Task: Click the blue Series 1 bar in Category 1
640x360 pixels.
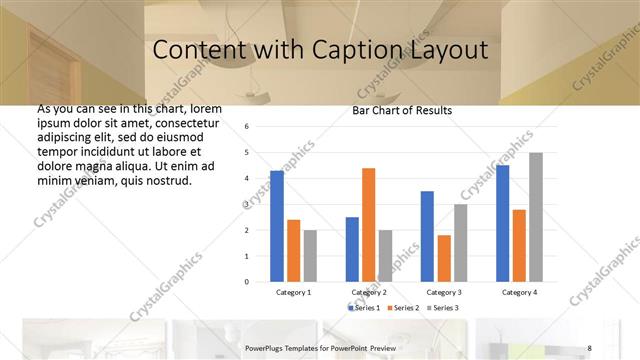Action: coord(277,226)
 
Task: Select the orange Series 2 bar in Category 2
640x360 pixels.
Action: coord(368,225)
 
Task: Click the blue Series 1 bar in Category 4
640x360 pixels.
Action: coord(502,223)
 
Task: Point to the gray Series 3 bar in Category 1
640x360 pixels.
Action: coord(310,255)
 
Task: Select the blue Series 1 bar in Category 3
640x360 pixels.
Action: coord(427,236)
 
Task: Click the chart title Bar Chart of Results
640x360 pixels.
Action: coord(402,110)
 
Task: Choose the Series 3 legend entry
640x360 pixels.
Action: coord(445,307)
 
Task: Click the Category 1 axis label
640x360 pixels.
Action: coord(294,292)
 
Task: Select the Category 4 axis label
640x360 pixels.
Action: coord(518,292)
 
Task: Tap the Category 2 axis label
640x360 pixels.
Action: coord(368,292)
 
